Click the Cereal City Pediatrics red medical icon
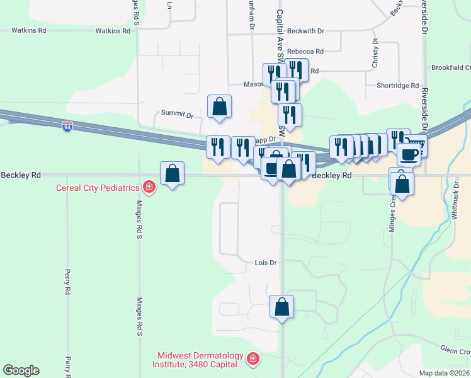149,187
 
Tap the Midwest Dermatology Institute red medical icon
253,358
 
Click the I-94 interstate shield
67,127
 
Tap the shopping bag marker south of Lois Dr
282,307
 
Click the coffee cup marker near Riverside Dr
408,154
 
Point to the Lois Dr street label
266,262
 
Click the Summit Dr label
177,114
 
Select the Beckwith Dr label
305,30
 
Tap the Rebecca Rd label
305,52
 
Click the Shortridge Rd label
397,86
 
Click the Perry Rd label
67,283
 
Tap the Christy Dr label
375,53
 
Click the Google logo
21,370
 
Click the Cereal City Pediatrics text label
97,187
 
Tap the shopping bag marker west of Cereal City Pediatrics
172,174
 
